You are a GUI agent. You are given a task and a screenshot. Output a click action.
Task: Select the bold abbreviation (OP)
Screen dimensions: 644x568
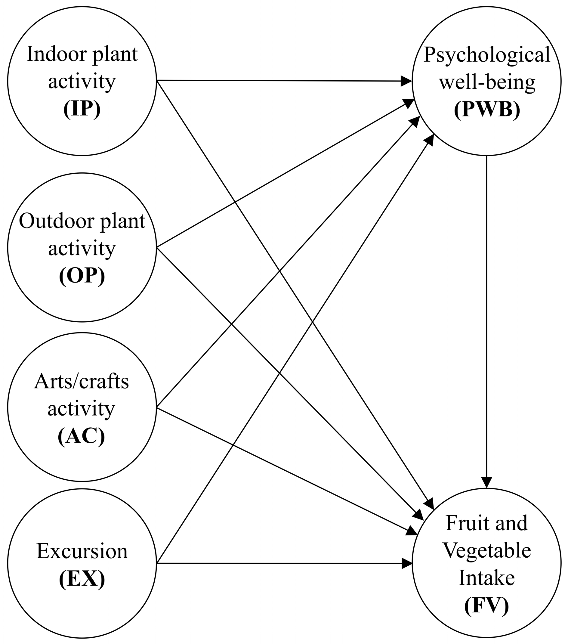click(82, 276)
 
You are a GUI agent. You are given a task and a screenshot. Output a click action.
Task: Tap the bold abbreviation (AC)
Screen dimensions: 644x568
click(81, 436)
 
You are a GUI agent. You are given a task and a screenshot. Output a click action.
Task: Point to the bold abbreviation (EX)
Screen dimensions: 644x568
click(82, 579)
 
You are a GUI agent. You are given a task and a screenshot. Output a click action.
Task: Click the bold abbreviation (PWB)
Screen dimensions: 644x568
click(487, 110)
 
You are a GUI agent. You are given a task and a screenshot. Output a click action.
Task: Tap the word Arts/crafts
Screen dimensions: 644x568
click(81, 382)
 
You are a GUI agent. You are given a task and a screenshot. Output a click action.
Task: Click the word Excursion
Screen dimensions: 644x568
click(82, 551)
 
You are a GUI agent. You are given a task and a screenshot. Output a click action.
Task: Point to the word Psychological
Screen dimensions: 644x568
click(487, 55)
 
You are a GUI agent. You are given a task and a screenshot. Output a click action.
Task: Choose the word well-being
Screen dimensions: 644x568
click(487, 82)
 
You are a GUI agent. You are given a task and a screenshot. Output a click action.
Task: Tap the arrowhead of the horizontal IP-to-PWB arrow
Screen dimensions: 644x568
click(406, 81)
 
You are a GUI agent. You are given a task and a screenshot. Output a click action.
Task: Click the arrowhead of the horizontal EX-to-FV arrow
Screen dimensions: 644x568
click(407, 563)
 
